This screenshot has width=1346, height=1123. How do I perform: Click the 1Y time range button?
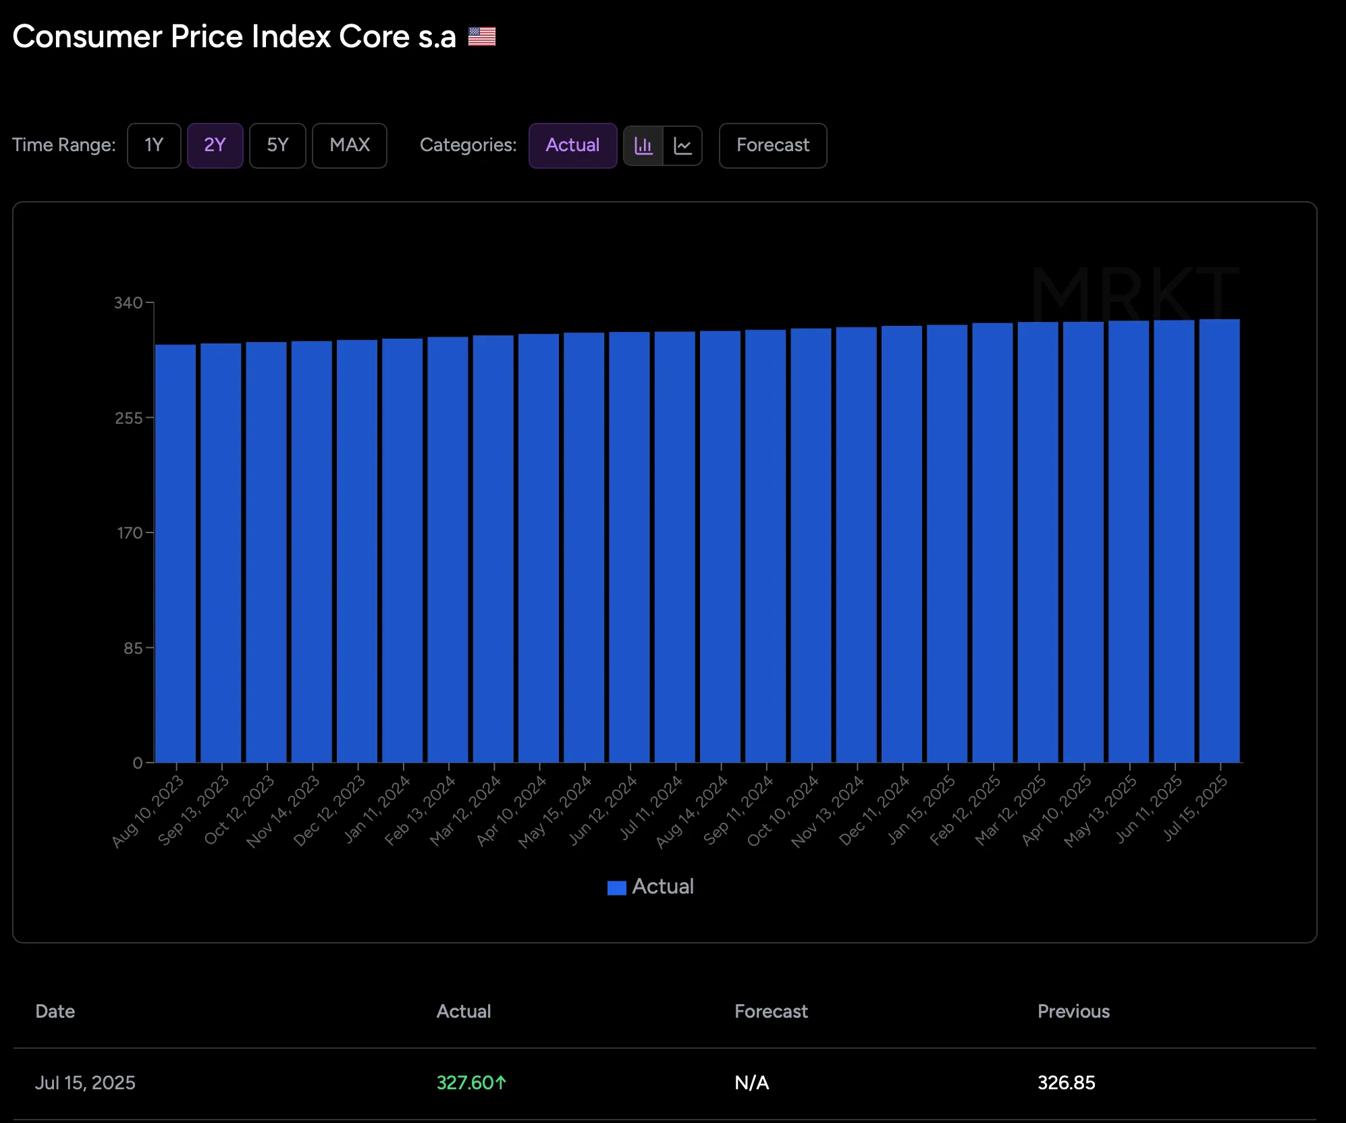[x=154, y=145]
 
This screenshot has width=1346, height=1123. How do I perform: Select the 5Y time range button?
[x=277, y=145]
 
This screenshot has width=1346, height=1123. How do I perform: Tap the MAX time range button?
[x=349, y=145]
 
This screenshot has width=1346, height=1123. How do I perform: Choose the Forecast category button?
[x=772, y=145]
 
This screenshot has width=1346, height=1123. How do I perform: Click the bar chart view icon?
[x=643, y=145]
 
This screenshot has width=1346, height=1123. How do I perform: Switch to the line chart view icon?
[x=682, y=145]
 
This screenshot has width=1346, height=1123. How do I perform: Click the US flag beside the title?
[x=482, y=36]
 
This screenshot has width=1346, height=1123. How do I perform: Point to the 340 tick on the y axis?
[x=128, y=303]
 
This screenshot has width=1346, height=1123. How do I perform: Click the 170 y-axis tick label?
[x=130, y=533]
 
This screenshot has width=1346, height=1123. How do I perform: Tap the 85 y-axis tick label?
[x=132, y=648]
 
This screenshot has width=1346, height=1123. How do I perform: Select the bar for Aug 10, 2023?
[x=176, y=553]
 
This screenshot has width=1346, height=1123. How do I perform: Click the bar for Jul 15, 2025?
[x=1219, y=540]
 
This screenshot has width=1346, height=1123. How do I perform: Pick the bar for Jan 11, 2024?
[x=402, y=550]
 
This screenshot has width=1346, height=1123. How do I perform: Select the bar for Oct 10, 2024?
[x=811, y=545]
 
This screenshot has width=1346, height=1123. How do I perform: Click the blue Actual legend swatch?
[x=616, y=887]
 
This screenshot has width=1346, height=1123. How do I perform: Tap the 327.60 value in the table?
[x=466, y=1083]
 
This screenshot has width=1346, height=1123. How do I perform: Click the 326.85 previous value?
[x=1066, y=1083]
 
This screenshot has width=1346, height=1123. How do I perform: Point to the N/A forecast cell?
[x=751, y=1083]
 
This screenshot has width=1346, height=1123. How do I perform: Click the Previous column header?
[x=1073, y=1011]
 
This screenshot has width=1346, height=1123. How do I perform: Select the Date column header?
[x=55, y=1011]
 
